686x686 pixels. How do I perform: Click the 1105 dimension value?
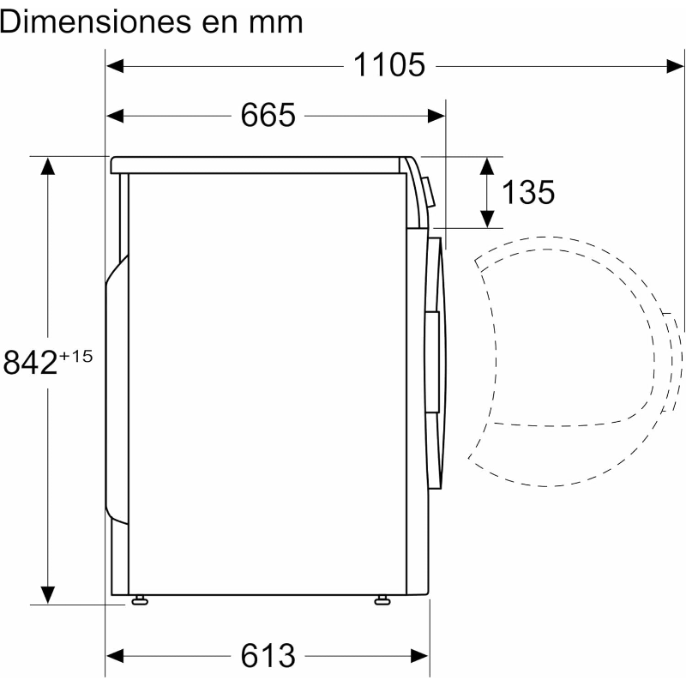click(389, 65)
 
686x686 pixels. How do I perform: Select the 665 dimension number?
click(268, 115)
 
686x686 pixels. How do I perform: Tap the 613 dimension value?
click(268, 655)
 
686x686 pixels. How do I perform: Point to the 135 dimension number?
click(528, 192)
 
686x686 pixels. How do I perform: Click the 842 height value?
click(30, 362)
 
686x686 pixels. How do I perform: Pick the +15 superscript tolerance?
click(76, 356)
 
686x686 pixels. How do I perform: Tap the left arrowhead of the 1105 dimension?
click(115, 67)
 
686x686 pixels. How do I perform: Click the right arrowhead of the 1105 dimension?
click(675, 67)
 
